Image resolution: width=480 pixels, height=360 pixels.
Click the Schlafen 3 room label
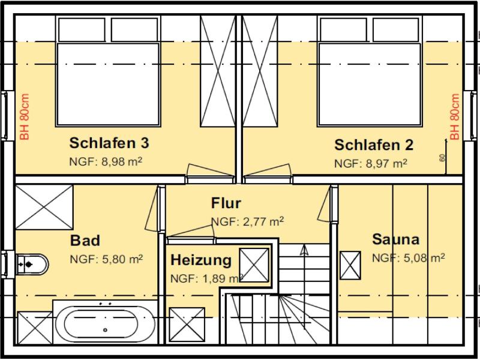tap(109, 143)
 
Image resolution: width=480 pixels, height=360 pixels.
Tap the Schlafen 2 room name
tap(374, 145)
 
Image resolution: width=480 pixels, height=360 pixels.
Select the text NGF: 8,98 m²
tap(106, 161)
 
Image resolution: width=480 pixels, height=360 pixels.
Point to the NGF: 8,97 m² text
tap(370, 163)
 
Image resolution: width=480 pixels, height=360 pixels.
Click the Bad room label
tap(85, 241)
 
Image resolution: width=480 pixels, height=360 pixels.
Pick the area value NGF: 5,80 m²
tap(106, 259)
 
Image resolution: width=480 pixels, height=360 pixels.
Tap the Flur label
tap(226, 203)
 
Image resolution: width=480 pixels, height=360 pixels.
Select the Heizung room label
tap(201, 260)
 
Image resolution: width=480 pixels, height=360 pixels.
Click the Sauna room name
tap(395, 239)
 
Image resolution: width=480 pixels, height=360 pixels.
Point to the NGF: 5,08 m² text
tap(408, 258)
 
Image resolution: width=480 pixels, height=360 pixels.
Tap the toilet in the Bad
tap(32, 264)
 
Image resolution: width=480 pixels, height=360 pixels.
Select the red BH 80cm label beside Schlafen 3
tap(25, 117)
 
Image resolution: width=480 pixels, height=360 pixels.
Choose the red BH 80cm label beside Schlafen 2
tap(455, 117)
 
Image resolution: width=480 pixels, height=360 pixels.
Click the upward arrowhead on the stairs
tap(304, 250)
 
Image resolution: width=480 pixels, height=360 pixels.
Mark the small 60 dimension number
tap(442, 158)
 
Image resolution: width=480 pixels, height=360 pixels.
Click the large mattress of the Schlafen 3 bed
tap(109, 84)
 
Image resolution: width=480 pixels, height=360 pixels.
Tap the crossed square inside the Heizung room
tap(254, 265)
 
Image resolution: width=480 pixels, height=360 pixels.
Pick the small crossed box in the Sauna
tap(350, 265)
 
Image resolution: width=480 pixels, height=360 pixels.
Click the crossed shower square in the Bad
tap(44, 207)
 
